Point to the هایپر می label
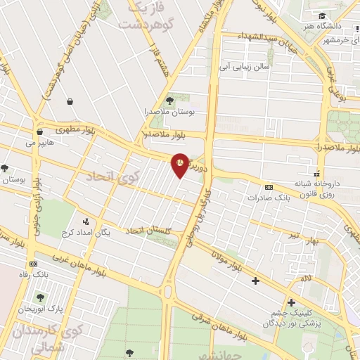click(x=40, y=143)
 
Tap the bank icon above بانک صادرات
click(x=269, y=187)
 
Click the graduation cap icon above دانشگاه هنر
click(x=321, y=15)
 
